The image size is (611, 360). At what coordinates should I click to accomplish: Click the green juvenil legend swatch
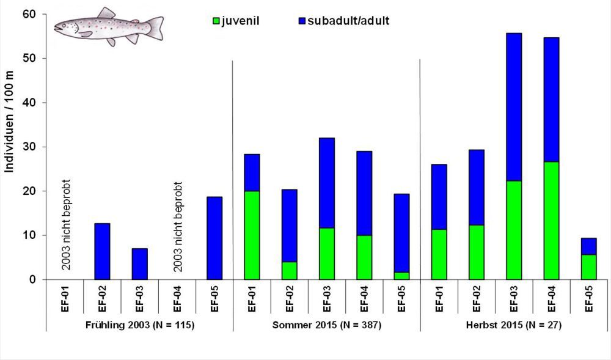click(215, 21)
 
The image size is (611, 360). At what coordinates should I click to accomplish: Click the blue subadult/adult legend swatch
click(295, 21)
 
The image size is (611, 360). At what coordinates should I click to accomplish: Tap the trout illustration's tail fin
click(155, 28)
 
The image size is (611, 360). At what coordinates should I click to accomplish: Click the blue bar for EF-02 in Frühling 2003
click(102, 251)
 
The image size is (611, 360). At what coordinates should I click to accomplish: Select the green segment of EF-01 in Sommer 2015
click(252, 235)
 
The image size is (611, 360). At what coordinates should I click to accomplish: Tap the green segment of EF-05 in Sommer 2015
click(401, 276)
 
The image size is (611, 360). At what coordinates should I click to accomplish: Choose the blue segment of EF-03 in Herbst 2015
click(514, 107)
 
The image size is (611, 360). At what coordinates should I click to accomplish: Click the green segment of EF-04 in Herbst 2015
click(551, 221)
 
